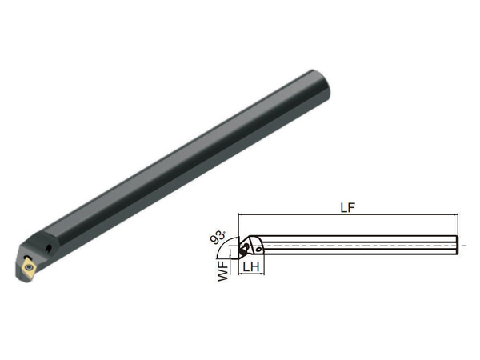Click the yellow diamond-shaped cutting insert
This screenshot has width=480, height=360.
tap(29, 267)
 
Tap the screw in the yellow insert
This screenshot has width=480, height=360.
tap(30, 267)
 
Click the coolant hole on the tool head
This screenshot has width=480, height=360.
tap(48, 249)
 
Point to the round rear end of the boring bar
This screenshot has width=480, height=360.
tap(322, 86)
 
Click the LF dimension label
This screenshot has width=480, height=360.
tap(348, 207)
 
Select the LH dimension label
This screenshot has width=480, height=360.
tap(251, 266)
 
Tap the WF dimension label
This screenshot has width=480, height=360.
tap(223, 271)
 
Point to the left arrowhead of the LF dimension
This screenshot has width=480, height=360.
tap(240, 215)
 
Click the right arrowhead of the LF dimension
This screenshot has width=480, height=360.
tap(456, 215)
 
